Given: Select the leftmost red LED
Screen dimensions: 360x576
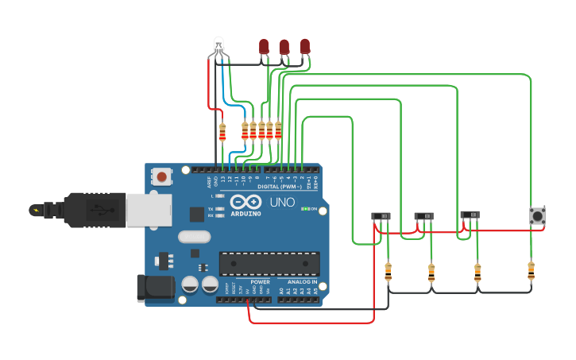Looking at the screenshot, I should (264, 47).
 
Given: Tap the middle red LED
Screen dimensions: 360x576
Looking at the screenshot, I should (284, 47).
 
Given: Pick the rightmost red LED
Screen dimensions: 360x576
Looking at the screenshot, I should (304, 47).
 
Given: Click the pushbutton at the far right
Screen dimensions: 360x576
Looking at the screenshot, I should (538, 215).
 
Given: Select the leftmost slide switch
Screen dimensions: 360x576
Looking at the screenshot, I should (381, 216).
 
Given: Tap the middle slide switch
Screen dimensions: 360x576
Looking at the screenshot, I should (424, 216).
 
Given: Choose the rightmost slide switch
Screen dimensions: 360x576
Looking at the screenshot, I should (470, 215).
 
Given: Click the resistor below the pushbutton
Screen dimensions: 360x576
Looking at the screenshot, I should (531, 271).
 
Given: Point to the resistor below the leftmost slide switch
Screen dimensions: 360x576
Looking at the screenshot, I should (388, 273).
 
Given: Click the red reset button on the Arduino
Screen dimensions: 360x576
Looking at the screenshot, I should (162, 176).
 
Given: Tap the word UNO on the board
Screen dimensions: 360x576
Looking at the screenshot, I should (282, 203).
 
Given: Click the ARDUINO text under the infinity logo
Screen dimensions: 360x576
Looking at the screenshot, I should (246, 214).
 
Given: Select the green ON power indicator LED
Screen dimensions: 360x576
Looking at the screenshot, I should (305, 209).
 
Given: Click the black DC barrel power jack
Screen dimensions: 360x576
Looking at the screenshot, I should (155, 288).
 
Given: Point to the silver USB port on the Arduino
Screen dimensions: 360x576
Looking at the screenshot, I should (148, 207).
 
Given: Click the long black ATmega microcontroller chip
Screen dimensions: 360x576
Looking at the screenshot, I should (269, 264).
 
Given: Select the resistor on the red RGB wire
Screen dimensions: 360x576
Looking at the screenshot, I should (222, 132).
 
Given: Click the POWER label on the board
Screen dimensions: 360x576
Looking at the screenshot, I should (260, 282).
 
